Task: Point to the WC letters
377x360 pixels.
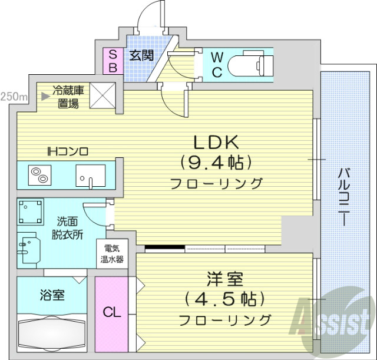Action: pos(217,65)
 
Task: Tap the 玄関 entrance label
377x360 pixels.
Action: pos(141,56)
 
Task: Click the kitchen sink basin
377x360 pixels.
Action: pos(90,175)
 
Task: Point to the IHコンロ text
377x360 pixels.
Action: pos(68,151)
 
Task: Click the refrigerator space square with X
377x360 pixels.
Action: pos(103,95)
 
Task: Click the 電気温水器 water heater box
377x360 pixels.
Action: pos(110,253)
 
